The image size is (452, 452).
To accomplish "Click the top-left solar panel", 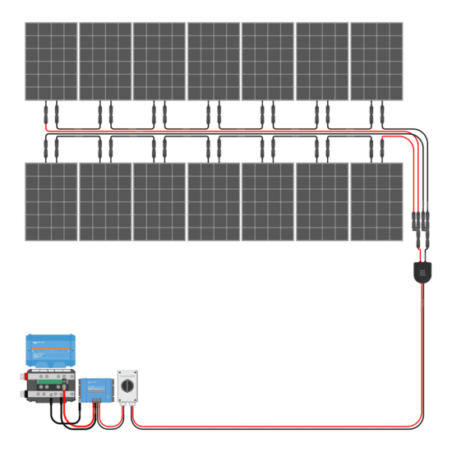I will pyautogui.click(x=50, y=61).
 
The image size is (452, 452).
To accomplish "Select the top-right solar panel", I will pyautogui.click(x=376, y=61).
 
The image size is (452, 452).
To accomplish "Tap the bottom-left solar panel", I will pyautogui.click(x=50, y=201).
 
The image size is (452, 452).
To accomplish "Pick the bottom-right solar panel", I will pyautogui.click(x=376, y=201).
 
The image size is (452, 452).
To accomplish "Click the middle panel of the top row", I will pyautogui.click(x=213, y=61).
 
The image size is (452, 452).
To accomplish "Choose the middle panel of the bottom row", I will pyautogui.click(x=213, y=201).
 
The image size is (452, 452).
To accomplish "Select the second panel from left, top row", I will pyautogui.click(x=104, y=61).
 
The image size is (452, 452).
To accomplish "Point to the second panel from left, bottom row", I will pyautogui.click(x=104, y=201).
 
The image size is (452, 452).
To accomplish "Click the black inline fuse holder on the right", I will pyautogui.click(x=422, y=271).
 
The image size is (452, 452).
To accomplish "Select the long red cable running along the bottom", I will pyautogui.click(x=279, y=427).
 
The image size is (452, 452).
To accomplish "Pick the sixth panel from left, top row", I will pyautogui.click(x=321, y=61).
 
